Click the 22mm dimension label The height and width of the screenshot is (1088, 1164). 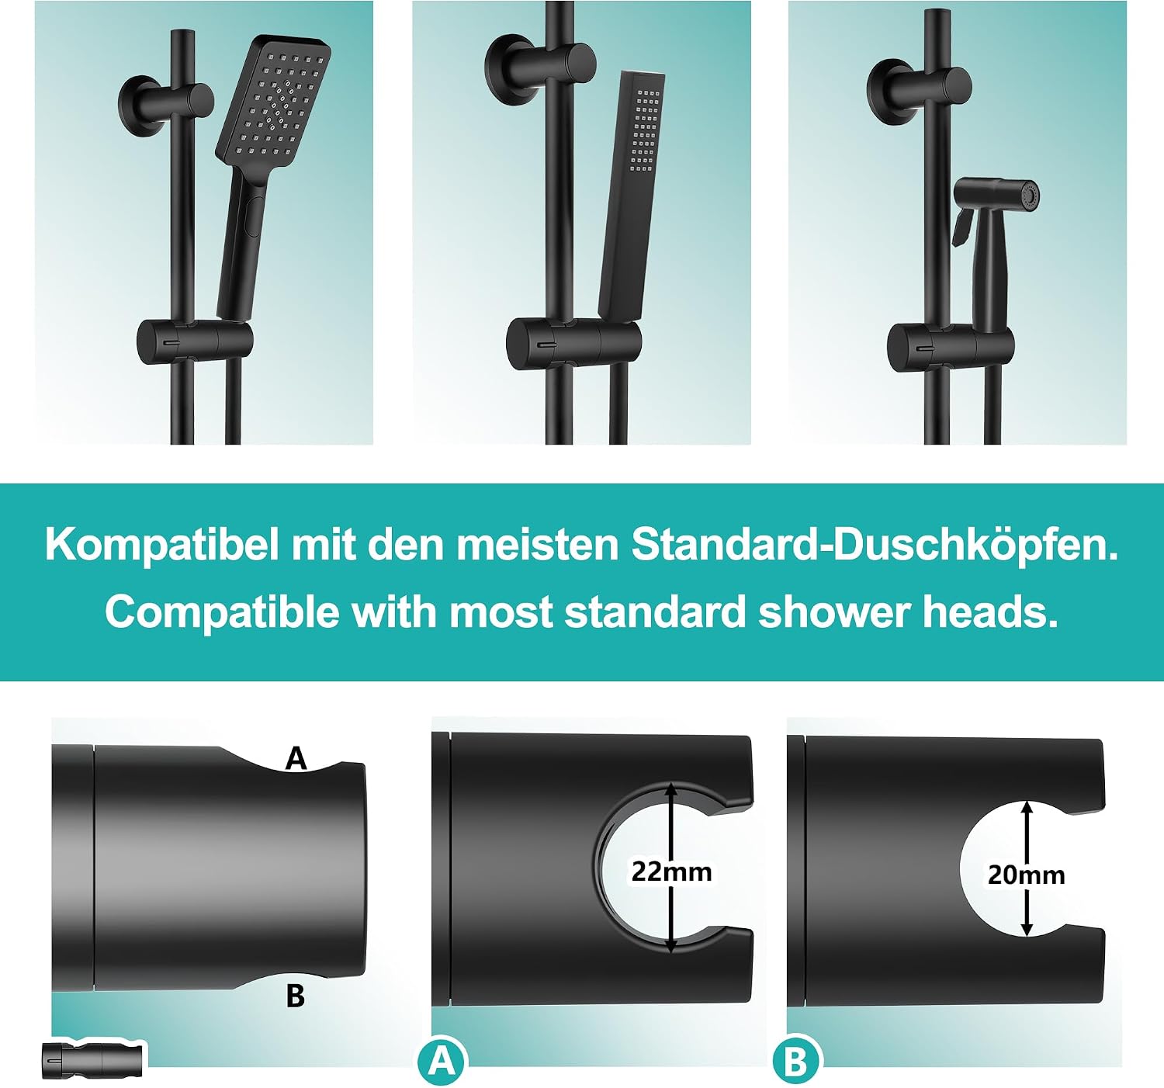click(x=671, y=871)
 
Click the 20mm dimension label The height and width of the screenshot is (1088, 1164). click(x=1027, y=875)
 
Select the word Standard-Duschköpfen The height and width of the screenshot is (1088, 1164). click(x=875, y=546)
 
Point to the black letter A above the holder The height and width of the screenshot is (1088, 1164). click(x=296, y=759)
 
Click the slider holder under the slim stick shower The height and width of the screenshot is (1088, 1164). click(x=573, y=344)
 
